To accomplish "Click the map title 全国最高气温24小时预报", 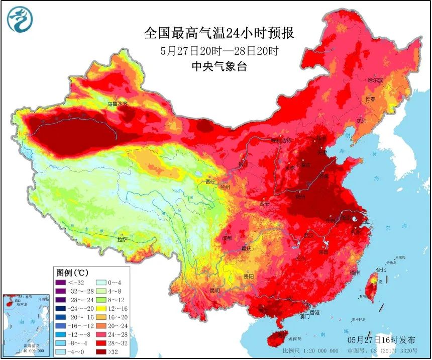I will tap(219, 34).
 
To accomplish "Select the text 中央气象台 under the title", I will tap(220, 67).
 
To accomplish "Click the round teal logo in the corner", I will tap(20, 20).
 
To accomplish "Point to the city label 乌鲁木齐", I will tap(118, 104).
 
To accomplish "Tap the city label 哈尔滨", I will tap(375, 80).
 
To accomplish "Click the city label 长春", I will tap(370, 99).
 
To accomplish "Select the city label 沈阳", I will tap(361, 121).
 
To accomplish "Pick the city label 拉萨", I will tap(123, 240).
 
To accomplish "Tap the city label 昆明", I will tap(214, 290).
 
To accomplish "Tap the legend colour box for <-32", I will tap(61, 283).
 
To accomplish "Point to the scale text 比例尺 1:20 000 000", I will tap(306, 350).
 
